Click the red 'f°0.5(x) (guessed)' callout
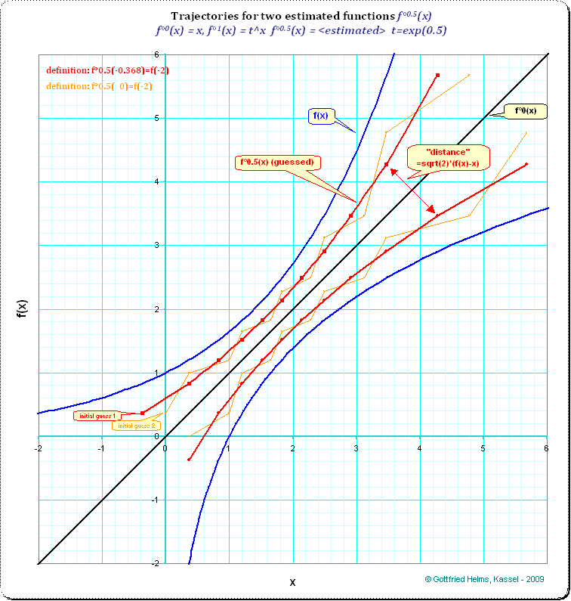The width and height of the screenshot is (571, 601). click(278, 162)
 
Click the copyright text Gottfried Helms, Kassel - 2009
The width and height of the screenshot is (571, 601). click(484, 578)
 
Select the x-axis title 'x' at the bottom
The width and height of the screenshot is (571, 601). click(292, 582)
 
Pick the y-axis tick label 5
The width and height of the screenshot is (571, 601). click(156, 118)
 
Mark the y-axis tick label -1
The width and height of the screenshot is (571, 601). click(155, 500)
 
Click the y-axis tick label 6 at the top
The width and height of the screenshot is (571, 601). click(156, 54)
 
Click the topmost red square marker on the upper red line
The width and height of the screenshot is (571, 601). click(438, 75)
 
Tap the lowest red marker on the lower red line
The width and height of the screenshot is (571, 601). click(190, 459)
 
